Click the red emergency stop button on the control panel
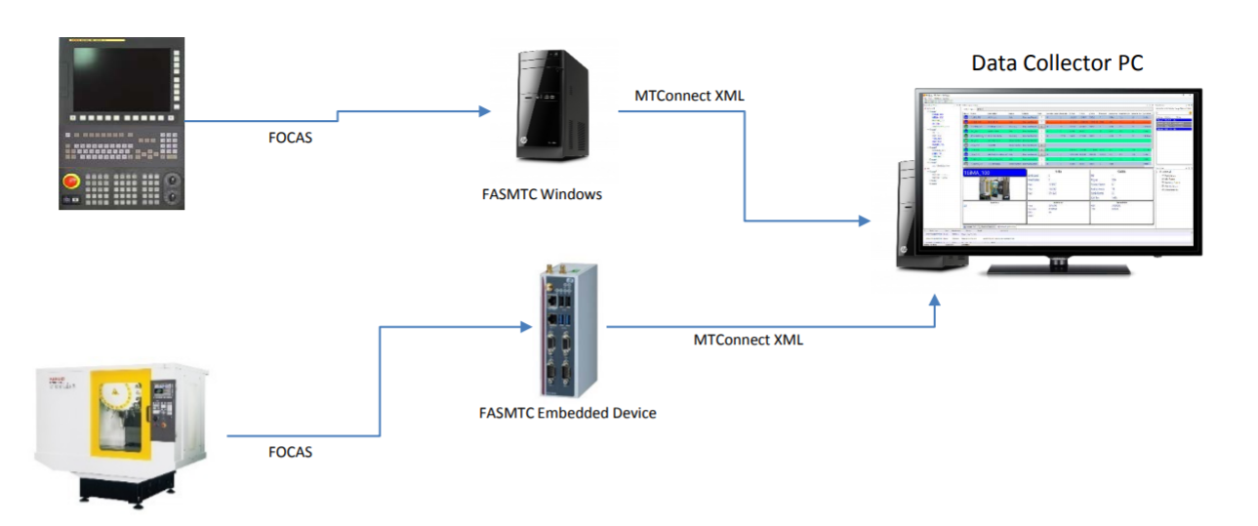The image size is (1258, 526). pyautogui.click(x=71, y=182)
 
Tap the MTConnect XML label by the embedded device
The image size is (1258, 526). pyautogui.click(x=748, y=340)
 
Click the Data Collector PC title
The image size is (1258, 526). pyautogui.click(x=1057, y=63)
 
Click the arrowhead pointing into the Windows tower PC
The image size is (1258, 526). pyautogui.click(x=485, y=111)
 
